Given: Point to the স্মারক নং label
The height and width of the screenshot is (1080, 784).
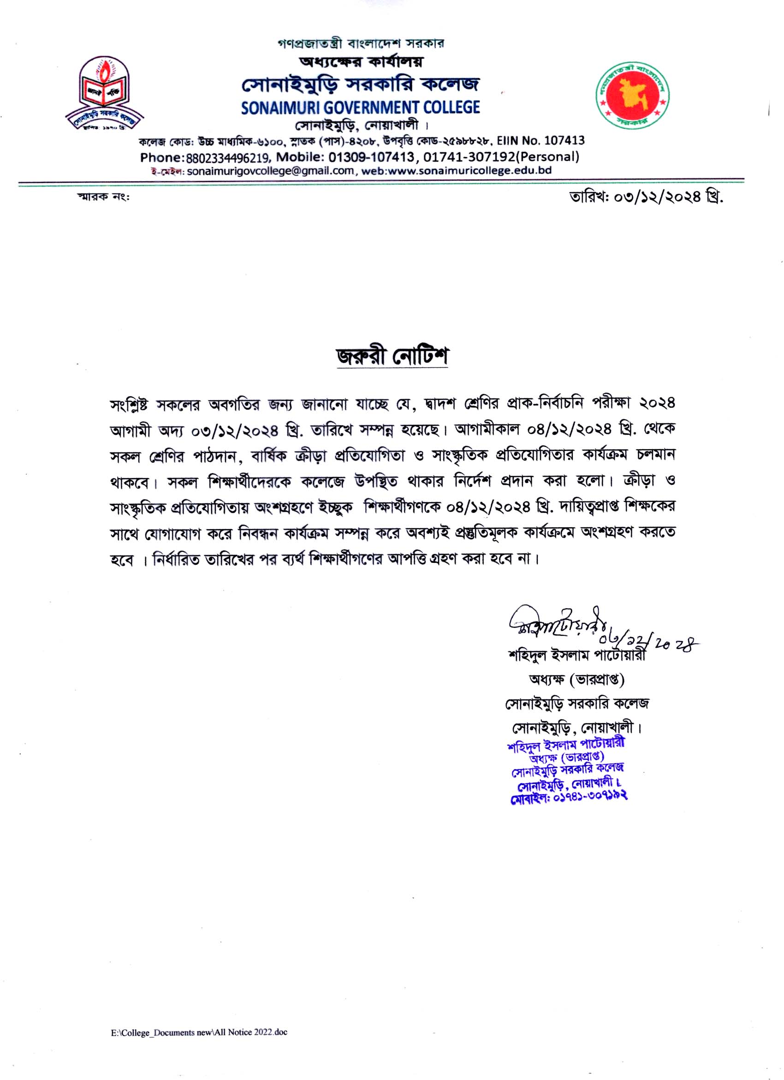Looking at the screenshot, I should click(103, 197).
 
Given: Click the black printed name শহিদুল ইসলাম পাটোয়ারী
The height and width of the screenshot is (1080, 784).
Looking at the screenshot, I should click(577, 656).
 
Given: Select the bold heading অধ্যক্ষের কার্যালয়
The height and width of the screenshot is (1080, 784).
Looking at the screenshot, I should click(360, 62).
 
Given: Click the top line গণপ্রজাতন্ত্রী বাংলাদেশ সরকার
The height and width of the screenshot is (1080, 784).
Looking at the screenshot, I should click(360, 44).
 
